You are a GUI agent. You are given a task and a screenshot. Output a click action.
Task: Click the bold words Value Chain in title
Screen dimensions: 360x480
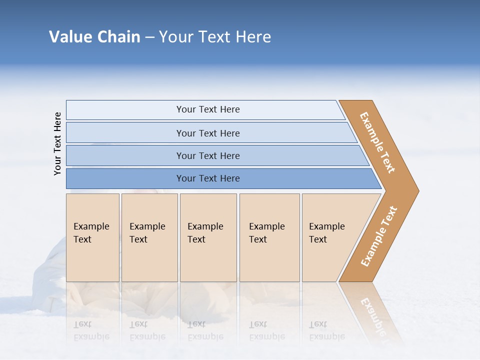point(94,37)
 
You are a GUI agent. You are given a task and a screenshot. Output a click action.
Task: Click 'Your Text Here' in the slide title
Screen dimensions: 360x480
point(215,37)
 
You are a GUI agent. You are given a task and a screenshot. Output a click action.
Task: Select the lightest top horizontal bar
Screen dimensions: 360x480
point(125,110)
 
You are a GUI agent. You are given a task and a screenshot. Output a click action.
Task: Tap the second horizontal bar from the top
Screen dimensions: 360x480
point(125,133)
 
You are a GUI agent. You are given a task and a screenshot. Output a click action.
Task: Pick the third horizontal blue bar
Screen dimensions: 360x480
point(125,155)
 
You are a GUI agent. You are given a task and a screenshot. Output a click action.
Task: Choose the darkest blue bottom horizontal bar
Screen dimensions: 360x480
point(125,178)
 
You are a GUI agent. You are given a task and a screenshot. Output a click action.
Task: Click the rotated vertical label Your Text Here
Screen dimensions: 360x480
point(57,143)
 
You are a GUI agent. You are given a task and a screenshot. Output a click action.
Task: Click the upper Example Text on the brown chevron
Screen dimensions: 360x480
point(377,142)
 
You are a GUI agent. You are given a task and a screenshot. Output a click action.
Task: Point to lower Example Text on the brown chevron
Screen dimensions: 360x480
point(379,236)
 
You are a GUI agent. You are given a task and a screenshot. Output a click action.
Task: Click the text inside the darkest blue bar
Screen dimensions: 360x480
point(208,178)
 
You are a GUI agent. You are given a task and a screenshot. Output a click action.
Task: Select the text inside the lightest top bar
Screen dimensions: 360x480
point(208,109)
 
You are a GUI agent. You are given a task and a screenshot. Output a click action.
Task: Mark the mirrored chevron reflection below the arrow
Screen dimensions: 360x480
point(372,312)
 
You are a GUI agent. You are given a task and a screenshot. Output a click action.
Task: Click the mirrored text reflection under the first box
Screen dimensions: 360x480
point(91,330)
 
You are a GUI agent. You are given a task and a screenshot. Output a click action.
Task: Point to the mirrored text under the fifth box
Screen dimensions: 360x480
point(326,330)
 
